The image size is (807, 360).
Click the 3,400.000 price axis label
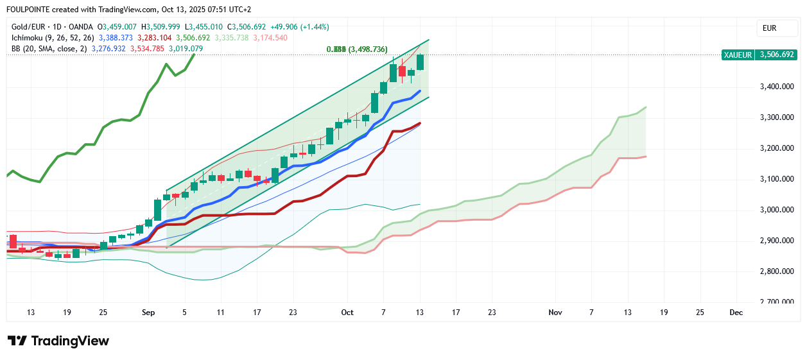776,87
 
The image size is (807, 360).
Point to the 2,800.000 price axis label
776,271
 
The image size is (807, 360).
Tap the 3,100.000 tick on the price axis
776,179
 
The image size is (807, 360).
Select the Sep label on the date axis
148,313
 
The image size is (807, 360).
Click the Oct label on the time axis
347,313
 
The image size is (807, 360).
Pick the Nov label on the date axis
555,313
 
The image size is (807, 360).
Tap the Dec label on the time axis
736,313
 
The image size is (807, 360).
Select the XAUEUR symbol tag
738,55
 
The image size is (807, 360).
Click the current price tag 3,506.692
777,55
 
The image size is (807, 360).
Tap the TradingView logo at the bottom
58,341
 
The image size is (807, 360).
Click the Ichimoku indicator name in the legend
30,38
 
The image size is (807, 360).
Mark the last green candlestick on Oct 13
421,62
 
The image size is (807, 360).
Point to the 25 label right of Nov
700,313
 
